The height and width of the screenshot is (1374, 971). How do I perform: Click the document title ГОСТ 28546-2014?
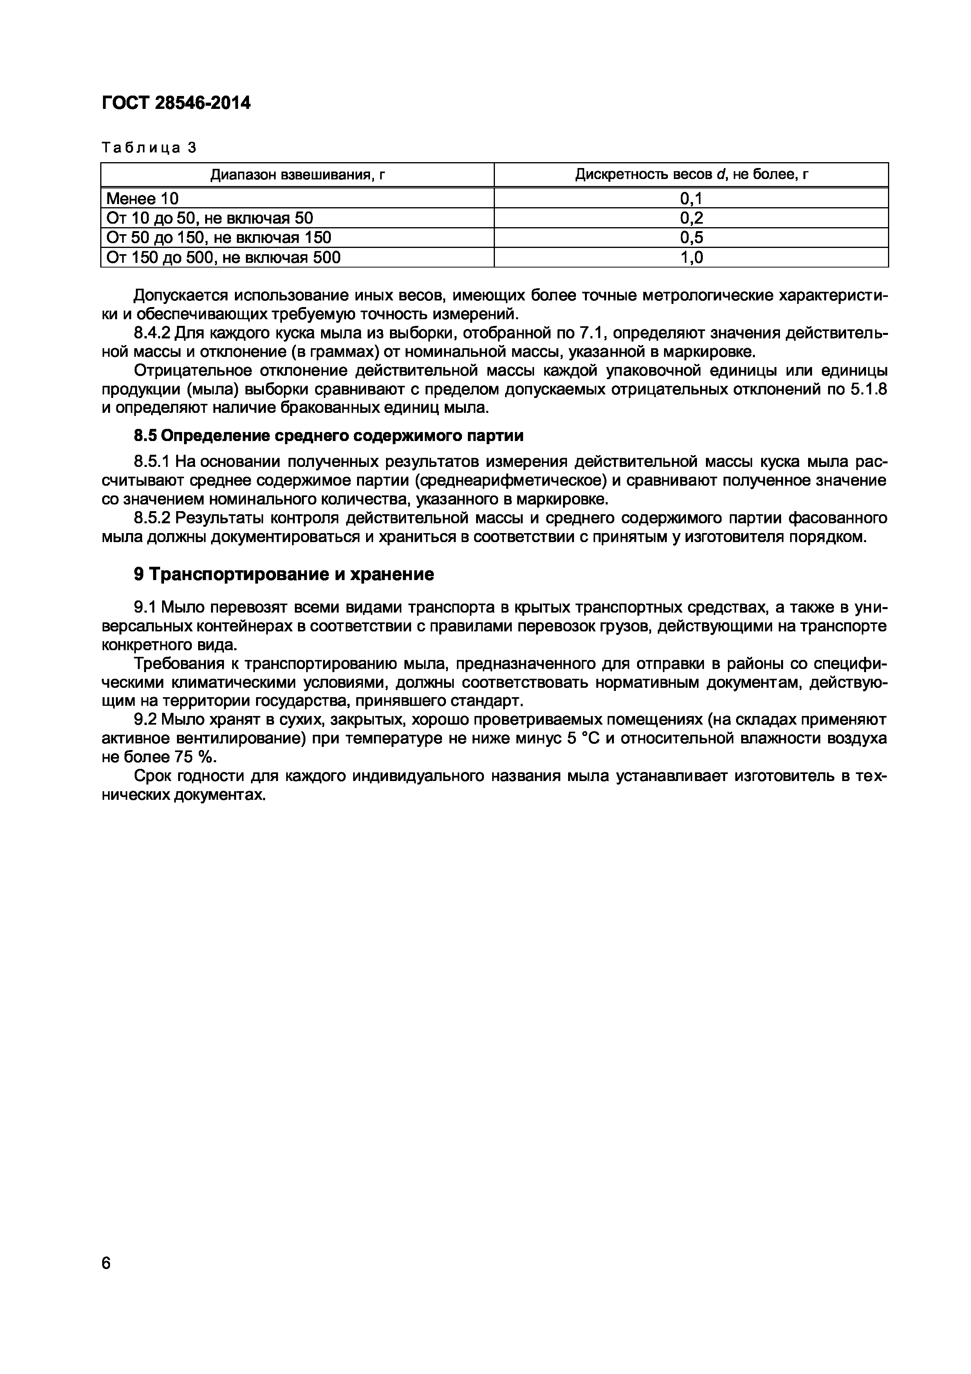coord(176,103)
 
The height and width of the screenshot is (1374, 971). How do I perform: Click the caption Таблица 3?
coord(149,148)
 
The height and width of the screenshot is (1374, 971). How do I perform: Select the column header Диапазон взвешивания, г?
coord(297,175)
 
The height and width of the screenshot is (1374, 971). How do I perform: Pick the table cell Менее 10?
coord(143,198)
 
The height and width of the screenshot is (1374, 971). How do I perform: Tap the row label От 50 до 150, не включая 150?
coord(218,238)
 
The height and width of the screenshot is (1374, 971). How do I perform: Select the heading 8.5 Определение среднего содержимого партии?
coord(328,436)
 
